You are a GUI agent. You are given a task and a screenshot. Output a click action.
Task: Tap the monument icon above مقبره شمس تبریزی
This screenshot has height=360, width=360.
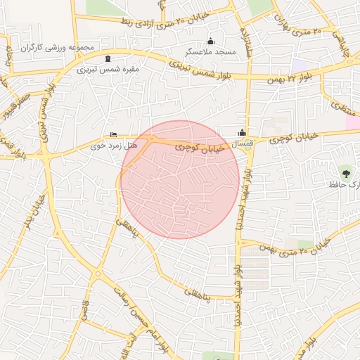pos(107,59)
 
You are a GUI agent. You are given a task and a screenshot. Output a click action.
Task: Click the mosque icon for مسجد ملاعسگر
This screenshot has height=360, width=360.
pos(210,41)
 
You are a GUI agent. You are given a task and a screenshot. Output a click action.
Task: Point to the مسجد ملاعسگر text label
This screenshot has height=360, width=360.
pos(210,52)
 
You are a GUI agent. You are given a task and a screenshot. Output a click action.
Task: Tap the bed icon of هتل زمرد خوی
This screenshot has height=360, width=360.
pos(114,135)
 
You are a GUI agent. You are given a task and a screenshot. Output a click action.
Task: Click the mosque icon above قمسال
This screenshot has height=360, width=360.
pos(242,132)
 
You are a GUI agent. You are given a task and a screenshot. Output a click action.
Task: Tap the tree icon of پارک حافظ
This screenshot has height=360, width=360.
pos(345,172)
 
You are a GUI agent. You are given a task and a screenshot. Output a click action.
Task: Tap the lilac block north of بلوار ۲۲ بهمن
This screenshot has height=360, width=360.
pos(300,65)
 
